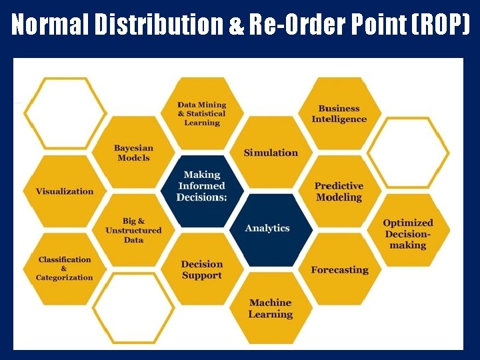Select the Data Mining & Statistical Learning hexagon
tap(201, 113)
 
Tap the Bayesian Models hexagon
tap(133, 153)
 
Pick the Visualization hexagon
tap(65, 191)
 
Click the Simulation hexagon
tap(270, 153)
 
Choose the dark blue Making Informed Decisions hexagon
tap(201, 187)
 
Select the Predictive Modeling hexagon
tap(339, 191)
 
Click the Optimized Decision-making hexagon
tap(408, 233)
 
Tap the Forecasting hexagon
tap(339, 270)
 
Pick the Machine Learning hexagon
tap(270, 308)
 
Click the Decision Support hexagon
tap(201, 270)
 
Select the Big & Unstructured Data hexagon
tap(133, 230)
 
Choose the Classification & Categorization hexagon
tap(65, 269)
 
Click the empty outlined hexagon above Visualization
tap(65, 113)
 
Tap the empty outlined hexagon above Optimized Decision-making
tap(408, 153)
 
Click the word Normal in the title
tap(50, 25)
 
